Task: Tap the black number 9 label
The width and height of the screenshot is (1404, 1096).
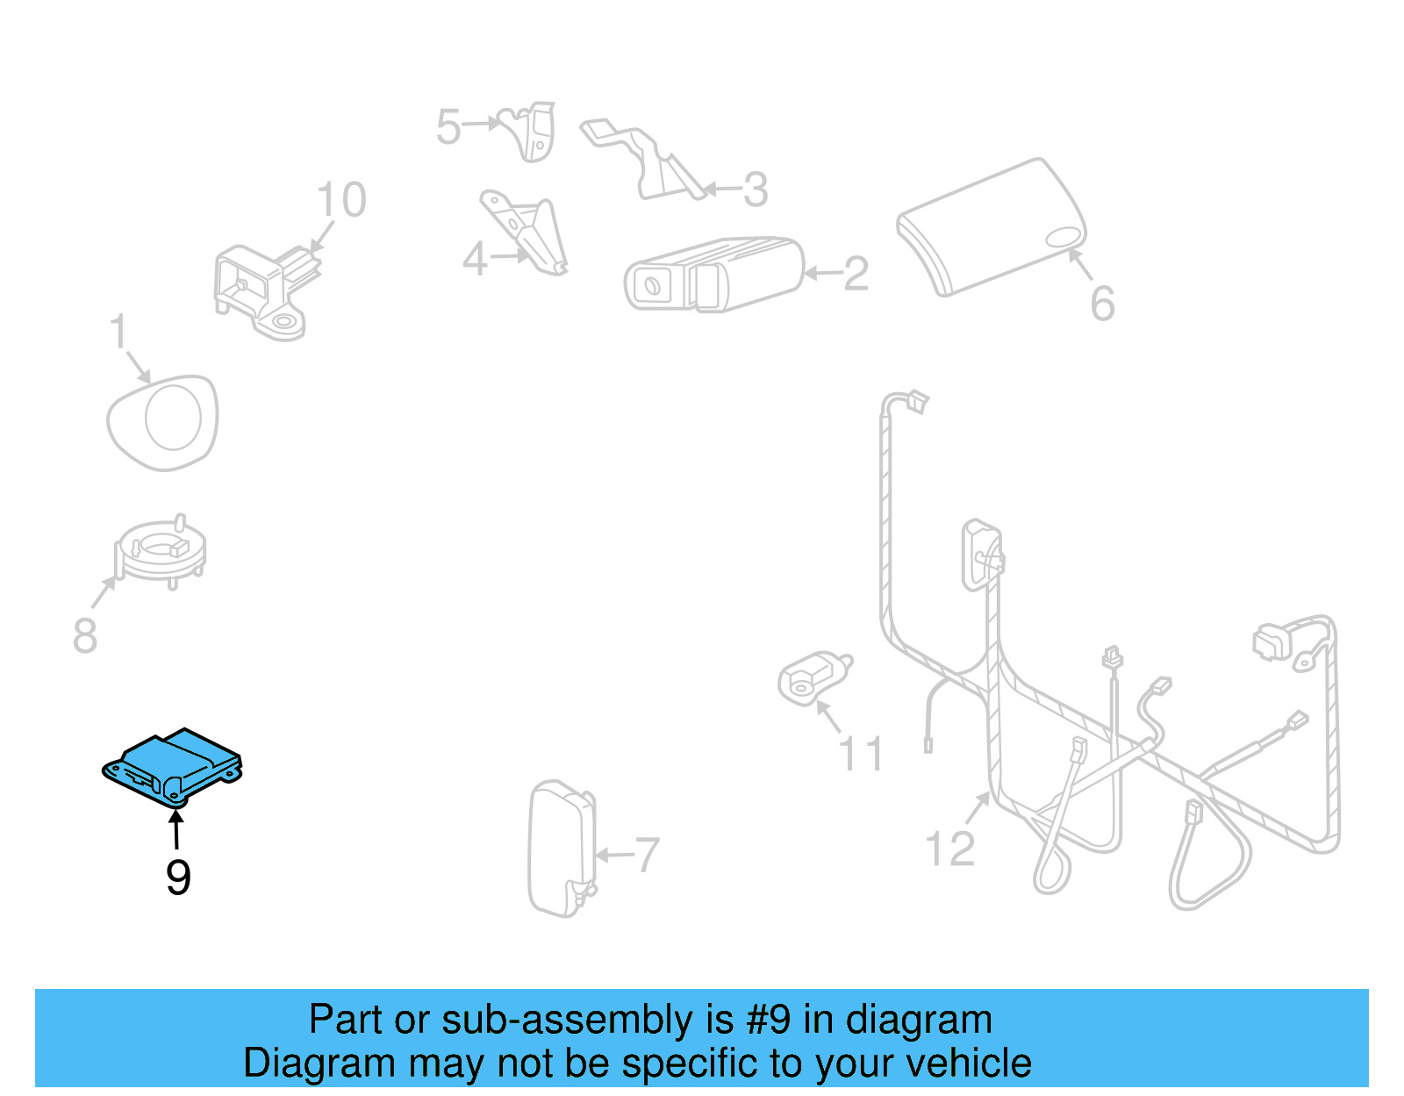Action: [x=178, y=878]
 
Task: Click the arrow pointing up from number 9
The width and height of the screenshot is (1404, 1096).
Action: [x=177, y=830]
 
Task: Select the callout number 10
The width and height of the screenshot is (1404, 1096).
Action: [x=340, y=200]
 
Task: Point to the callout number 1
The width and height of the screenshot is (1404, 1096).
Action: [x=118, y=333]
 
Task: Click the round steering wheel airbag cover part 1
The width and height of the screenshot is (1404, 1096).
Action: [x=163, y=422]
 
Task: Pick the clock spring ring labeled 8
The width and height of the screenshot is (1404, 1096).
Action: [x=161, y=551]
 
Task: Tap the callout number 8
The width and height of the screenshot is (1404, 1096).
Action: [x=84, y=635]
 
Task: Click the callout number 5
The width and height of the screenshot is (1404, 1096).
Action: [x=448, y=127]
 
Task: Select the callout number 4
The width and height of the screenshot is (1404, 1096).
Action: [x=475, y=259]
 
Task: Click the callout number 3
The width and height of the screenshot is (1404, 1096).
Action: [x=755, y=190]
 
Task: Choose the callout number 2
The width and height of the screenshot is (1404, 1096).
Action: [x=856, y=274]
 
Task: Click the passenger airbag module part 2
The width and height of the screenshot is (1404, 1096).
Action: [x=713, y=273]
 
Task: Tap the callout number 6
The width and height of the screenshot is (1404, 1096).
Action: [x=1102, y=304]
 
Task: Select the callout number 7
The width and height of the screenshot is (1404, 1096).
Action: [x=647, y=855]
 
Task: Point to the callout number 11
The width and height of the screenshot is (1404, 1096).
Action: [x=861, y=754]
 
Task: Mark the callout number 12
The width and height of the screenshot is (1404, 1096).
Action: [x=949, y=849]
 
